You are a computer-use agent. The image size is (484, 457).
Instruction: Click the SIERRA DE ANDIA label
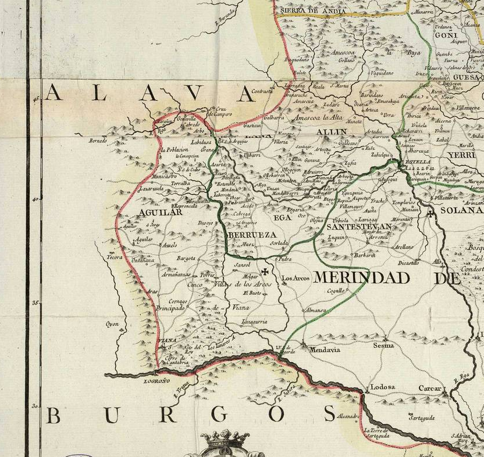click(x=308, y=11)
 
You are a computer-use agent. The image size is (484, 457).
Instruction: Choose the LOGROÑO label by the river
click(x=156, y=381)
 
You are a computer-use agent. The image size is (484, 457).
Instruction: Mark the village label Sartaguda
click(x=422, y=418)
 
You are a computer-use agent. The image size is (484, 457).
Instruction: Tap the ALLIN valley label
click(x=331, y=133)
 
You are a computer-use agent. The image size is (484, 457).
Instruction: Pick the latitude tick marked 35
click(x=35, y=303)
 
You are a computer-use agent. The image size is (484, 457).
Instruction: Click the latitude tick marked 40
click(x=35, y=199)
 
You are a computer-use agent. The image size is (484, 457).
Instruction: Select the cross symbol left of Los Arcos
click(x=265, y=272)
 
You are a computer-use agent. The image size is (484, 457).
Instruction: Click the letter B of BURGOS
click(x=54, y=415)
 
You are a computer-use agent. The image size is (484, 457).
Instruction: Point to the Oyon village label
click(x=112, y=324)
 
